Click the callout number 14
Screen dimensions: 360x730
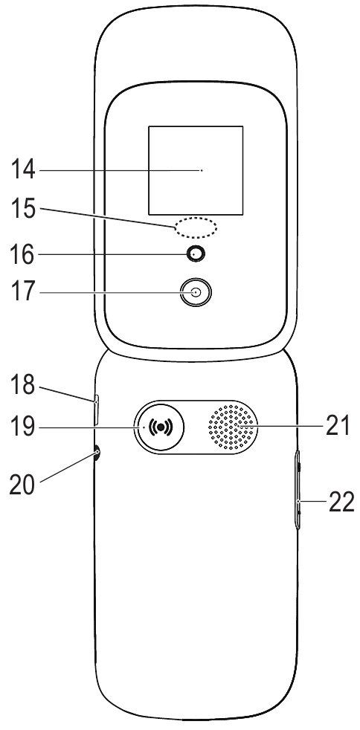(x=23, y=170)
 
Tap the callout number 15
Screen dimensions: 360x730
(x=23, y=210)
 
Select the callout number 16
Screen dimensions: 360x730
(x=23, y=255)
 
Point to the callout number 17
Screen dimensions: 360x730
(x=23, y=292)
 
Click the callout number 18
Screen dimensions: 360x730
(x=23, y=385)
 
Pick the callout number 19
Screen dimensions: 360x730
(x=23, y=426)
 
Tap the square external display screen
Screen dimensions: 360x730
(x=196, y=170)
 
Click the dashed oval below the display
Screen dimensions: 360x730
(x=196, y=227)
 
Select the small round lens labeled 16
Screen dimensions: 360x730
(x=196, y=253)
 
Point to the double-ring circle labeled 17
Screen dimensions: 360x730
(x=196, y=292)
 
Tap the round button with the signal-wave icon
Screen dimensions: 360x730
(x=160, y=427)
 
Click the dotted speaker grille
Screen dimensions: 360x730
(x=232, y=427)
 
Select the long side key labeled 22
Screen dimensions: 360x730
(x=298, y=489)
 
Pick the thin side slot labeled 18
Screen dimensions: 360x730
(x=97, y=410)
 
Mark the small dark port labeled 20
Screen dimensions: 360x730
(x=97, y=453)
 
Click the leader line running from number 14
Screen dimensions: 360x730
(x=120, y=170)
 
